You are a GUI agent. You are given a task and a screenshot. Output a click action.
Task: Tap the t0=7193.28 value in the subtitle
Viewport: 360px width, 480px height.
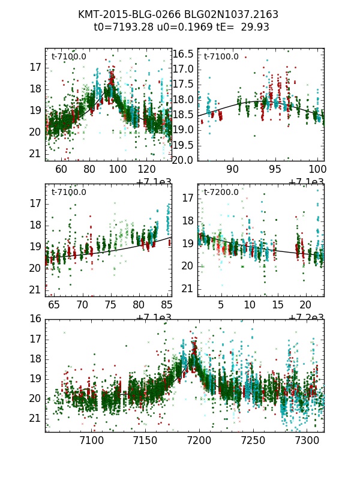coord(120,27)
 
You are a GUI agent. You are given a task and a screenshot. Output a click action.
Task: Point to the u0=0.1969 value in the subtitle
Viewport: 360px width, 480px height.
coord(176,27)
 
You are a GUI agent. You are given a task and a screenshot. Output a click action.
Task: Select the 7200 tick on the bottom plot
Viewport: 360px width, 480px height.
coord(199,440)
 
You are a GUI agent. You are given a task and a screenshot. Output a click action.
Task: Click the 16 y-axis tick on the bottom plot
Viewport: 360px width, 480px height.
coord(35,319)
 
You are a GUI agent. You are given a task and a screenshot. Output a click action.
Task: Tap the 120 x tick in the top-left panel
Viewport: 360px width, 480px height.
coord(147,169)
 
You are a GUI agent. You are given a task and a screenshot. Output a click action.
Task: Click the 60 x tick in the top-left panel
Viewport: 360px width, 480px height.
coord(61,169)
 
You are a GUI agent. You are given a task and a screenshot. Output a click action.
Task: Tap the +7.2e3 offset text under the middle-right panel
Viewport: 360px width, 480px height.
coord(306,317)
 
